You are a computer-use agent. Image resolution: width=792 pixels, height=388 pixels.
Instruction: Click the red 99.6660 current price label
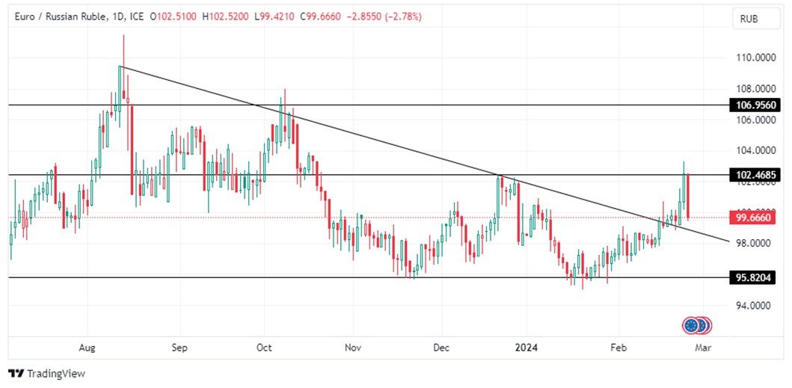pos(752,218)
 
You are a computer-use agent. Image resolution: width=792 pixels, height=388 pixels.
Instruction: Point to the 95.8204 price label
pos(752,277)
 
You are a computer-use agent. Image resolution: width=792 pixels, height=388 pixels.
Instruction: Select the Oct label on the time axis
pos(263,348)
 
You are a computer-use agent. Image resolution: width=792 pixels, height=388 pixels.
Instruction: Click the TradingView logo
pos(46,373)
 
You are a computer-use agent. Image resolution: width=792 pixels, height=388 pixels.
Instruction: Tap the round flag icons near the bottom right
pos(696,325)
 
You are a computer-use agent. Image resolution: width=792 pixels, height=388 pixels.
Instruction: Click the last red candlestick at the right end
pos(687,196)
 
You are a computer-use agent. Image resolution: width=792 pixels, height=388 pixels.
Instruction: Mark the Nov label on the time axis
pos(353,348)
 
